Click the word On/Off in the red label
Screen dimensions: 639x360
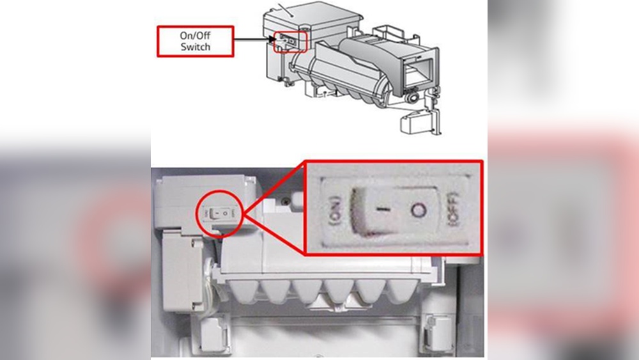tap(195, 35)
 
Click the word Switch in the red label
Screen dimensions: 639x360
tap(196, 47)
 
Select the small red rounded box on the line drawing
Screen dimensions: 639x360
tap(290, 42)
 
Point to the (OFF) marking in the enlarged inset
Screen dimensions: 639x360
tap(454, 210)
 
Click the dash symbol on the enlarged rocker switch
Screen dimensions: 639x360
tap(383, 209)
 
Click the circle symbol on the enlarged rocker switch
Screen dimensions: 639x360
tap(418, 210)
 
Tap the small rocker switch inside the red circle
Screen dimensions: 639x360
tap(220, 213)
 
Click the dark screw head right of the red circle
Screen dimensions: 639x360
tap(287, 201)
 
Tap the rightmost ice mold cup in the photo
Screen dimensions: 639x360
tap(401, 292)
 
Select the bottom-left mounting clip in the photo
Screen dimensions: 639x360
tap(211, 334)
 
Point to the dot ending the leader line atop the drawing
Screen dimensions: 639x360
tap(292, 16)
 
